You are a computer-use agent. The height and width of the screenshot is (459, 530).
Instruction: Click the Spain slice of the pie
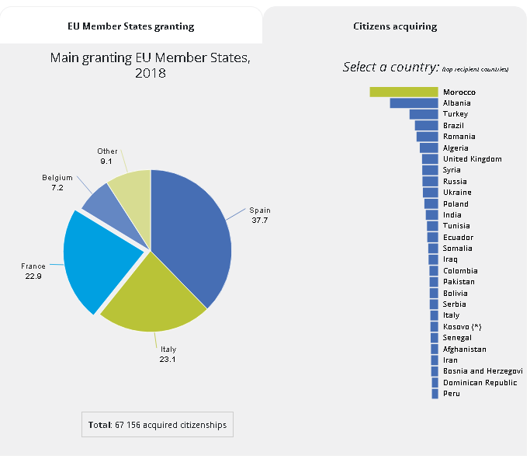click(194, 233)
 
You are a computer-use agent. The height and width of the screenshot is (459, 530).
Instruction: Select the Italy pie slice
click(155, 295)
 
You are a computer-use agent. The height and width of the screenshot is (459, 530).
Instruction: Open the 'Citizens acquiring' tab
click(395, 26)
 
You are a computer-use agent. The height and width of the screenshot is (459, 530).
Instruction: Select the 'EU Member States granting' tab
click(131, 26)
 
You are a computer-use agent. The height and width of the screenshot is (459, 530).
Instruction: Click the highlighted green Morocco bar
click(404, 92)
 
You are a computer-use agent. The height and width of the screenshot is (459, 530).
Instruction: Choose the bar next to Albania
click(414, 103)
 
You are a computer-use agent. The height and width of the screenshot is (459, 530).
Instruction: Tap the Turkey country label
click(456, 114)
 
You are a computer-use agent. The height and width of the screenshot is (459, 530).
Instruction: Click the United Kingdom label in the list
click(472, 159)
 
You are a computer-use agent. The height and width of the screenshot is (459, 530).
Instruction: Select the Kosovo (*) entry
click(462, 327)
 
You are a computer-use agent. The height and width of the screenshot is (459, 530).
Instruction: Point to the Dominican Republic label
click(480, 383)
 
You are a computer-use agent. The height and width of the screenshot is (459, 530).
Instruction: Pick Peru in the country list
click(451, 394)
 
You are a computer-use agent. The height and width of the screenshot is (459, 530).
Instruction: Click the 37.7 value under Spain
click(260, 220)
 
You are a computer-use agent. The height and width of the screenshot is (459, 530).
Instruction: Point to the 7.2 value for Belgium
click(57, 187)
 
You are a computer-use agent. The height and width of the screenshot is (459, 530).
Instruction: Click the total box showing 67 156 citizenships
click(157, 425)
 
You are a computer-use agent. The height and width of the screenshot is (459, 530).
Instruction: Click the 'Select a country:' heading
click(391, 68)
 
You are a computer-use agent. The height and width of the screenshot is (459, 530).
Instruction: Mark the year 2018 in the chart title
click(151, 73)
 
